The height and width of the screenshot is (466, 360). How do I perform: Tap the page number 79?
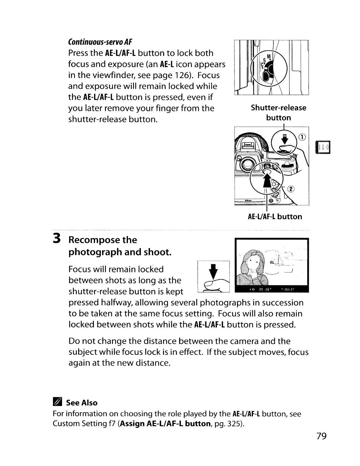[322, 436]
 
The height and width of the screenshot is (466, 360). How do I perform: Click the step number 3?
[57, 239]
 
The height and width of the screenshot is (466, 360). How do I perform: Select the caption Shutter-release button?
[278, 113]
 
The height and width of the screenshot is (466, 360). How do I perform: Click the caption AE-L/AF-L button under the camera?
[275, 217]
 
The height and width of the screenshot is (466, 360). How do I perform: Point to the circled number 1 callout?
[303, 137]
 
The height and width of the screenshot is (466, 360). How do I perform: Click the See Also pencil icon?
[57, 402]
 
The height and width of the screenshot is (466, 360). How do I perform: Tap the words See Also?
[82, 403]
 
